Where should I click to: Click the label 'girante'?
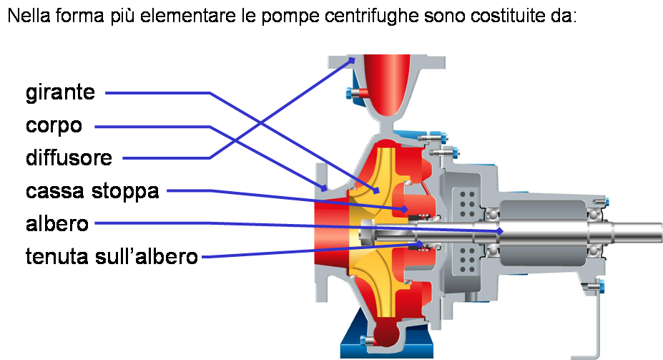60,93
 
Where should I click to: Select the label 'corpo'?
54,127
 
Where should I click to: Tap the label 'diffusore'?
69,157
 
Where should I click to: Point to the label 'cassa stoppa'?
92,191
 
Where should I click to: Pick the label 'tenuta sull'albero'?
111,256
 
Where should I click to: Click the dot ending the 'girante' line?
376,190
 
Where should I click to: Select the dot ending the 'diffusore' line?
353,61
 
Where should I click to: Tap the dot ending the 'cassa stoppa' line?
404,209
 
